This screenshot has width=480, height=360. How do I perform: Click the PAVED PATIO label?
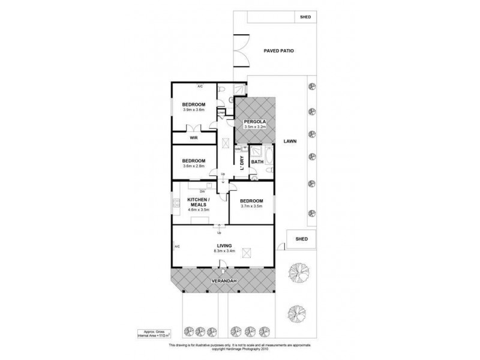(x=279, y=52)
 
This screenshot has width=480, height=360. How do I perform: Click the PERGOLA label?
(x=254, y=121)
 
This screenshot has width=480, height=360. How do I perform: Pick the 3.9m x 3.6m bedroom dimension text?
(x=194, y=110)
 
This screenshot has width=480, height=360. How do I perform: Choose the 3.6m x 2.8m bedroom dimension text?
(x=194, y=166)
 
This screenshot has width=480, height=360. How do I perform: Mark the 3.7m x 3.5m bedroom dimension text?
(x=252, y=206)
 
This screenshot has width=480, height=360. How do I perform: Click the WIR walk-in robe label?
(x=194, y=138)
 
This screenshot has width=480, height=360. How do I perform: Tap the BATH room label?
(x=257, y=162)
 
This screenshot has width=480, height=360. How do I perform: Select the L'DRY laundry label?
(x=241, y=162)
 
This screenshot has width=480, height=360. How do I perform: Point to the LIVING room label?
(x=224, y=245)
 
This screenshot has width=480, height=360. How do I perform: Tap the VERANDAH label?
(x=223, y=281)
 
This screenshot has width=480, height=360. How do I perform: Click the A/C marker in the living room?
(x=178, y=247)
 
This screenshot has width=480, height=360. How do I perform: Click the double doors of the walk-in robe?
(x=193, y=127)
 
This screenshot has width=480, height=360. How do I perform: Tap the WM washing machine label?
(x=238, y=148)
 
